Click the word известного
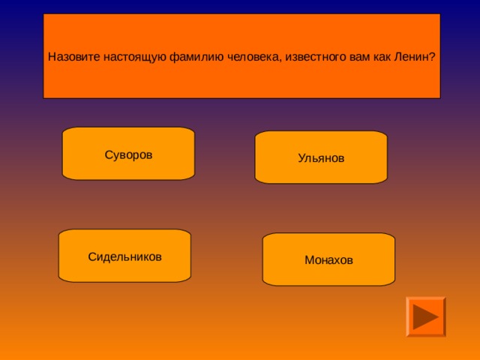point(291,57)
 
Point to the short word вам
point(334,57)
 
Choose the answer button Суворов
point(128,154)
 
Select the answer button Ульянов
point(321,158)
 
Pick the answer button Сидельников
point(124,256)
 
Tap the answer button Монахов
point(328,259)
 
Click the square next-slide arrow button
point(425,316)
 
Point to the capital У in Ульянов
point(301,158)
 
